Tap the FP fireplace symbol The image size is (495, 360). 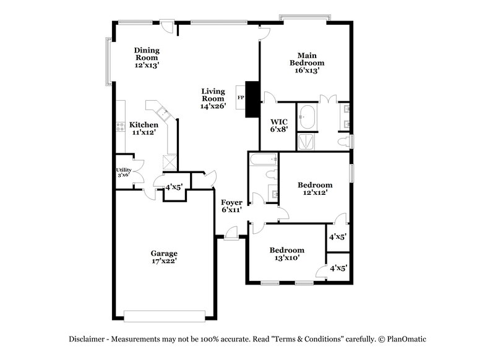[241, 97]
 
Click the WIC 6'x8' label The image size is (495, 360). [274, 126]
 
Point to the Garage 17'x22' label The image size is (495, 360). [164, 257]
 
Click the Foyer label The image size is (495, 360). [231, 206]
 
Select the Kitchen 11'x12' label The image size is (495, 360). [143, 128]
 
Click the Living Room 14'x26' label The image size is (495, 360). [213, 98]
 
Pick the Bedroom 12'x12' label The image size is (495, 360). [314, 189]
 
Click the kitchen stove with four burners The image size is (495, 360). [120, 128]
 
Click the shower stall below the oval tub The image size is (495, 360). [307, 142]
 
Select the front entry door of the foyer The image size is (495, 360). [230, 234]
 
